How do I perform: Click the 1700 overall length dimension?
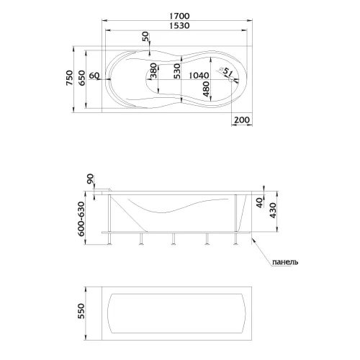click(x=179, y=16)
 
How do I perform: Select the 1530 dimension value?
click(x=179, y=25)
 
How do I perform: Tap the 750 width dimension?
click(x=69, y=78)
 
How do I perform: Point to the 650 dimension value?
click(x=81, y=78)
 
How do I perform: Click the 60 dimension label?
click(x=94, y=76)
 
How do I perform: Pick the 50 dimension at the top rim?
click(x=145, y=37)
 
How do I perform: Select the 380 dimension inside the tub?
click(x=153, y=71)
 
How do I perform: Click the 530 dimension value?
click(x=177, y=71)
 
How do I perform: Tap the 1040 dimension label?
click(x=199, y=76)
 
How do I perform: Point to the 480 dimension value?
click(x=206, y=89)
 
